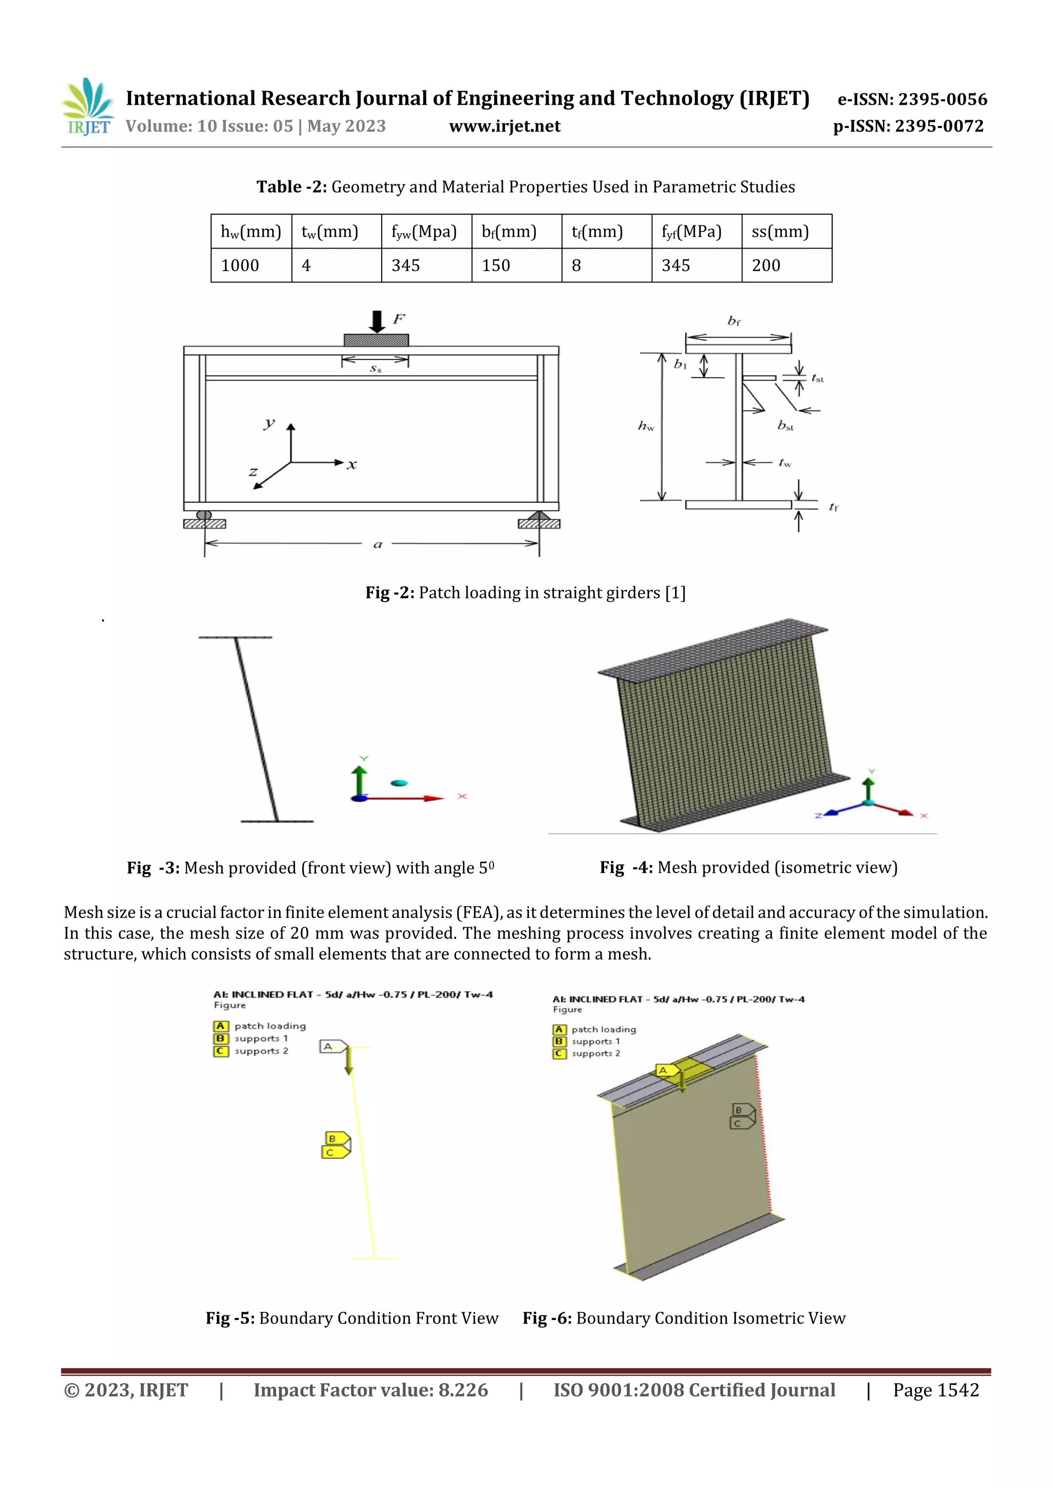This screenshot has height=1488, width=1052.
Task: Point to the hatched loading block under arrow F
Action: [x=376, y=340]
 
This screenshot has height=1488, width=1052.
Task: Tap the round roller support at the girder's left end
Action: [x=204, y=515]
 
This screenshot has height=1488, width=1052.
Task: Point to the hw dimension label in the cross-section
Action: [x=646, y=426]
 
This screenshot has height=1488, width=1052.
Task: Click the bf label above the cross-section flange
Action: [x=734, y=321]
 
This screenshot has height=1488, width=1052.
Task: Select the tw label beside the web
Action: [x=785, y=463]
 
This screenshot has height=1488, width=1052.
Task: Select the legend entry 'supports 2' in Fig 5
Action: [x=261, y=1051]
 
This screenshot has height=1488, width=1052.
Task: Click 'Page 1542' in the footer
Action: [x=935, y=1390]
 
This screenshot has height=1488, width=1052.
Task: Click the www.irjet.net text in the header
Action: [x=504, y=126]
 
